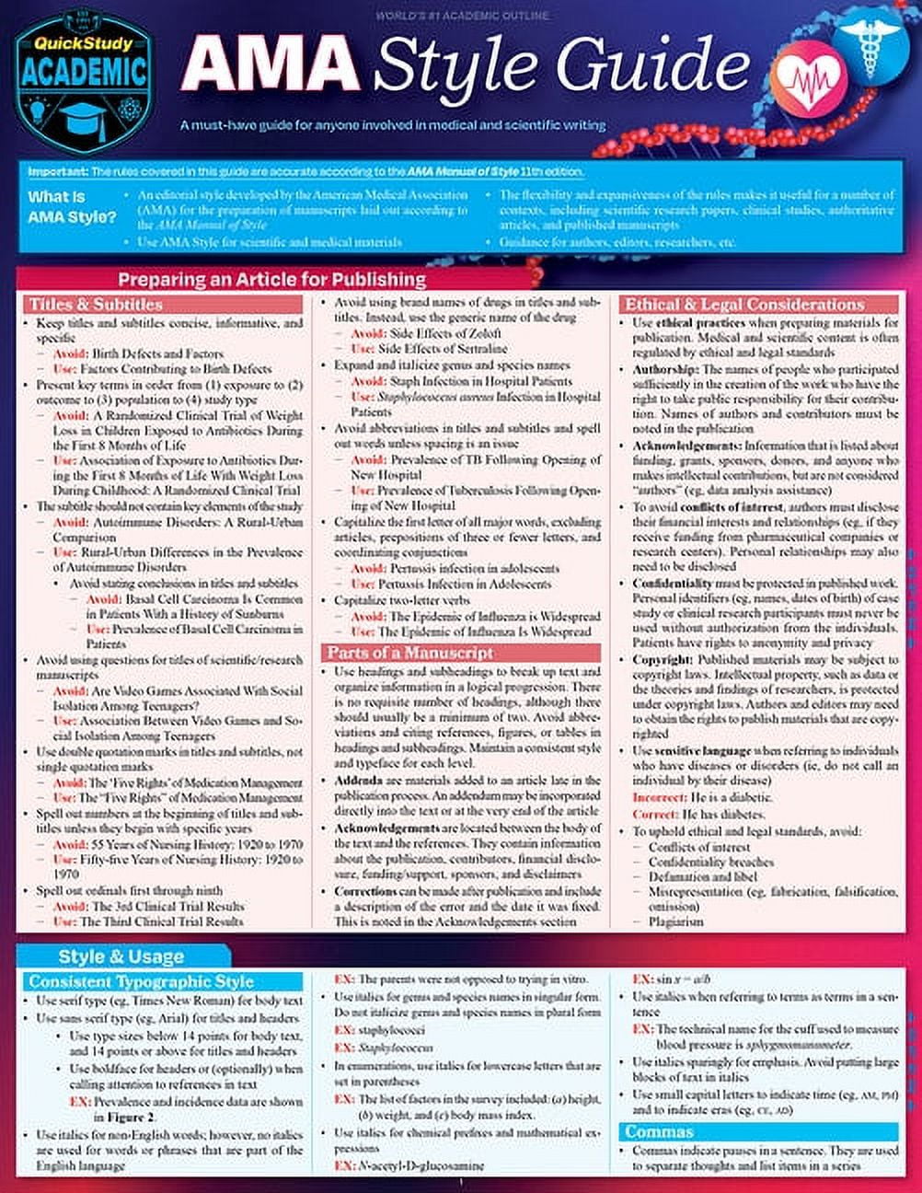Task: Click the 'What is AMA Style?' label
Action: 73,207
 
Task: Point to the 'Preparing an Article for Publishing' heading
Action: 271,279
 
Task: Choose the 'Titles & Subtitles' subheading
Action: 96,305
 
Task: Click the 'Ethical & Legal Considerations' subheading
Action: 744,305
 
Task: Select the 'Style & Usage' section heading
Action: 121,956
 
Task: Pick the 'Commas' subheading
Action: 660,1131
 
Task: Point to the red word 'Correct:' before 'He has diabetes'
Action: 654,815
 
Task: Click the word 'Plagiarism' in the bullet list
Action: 675,921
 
